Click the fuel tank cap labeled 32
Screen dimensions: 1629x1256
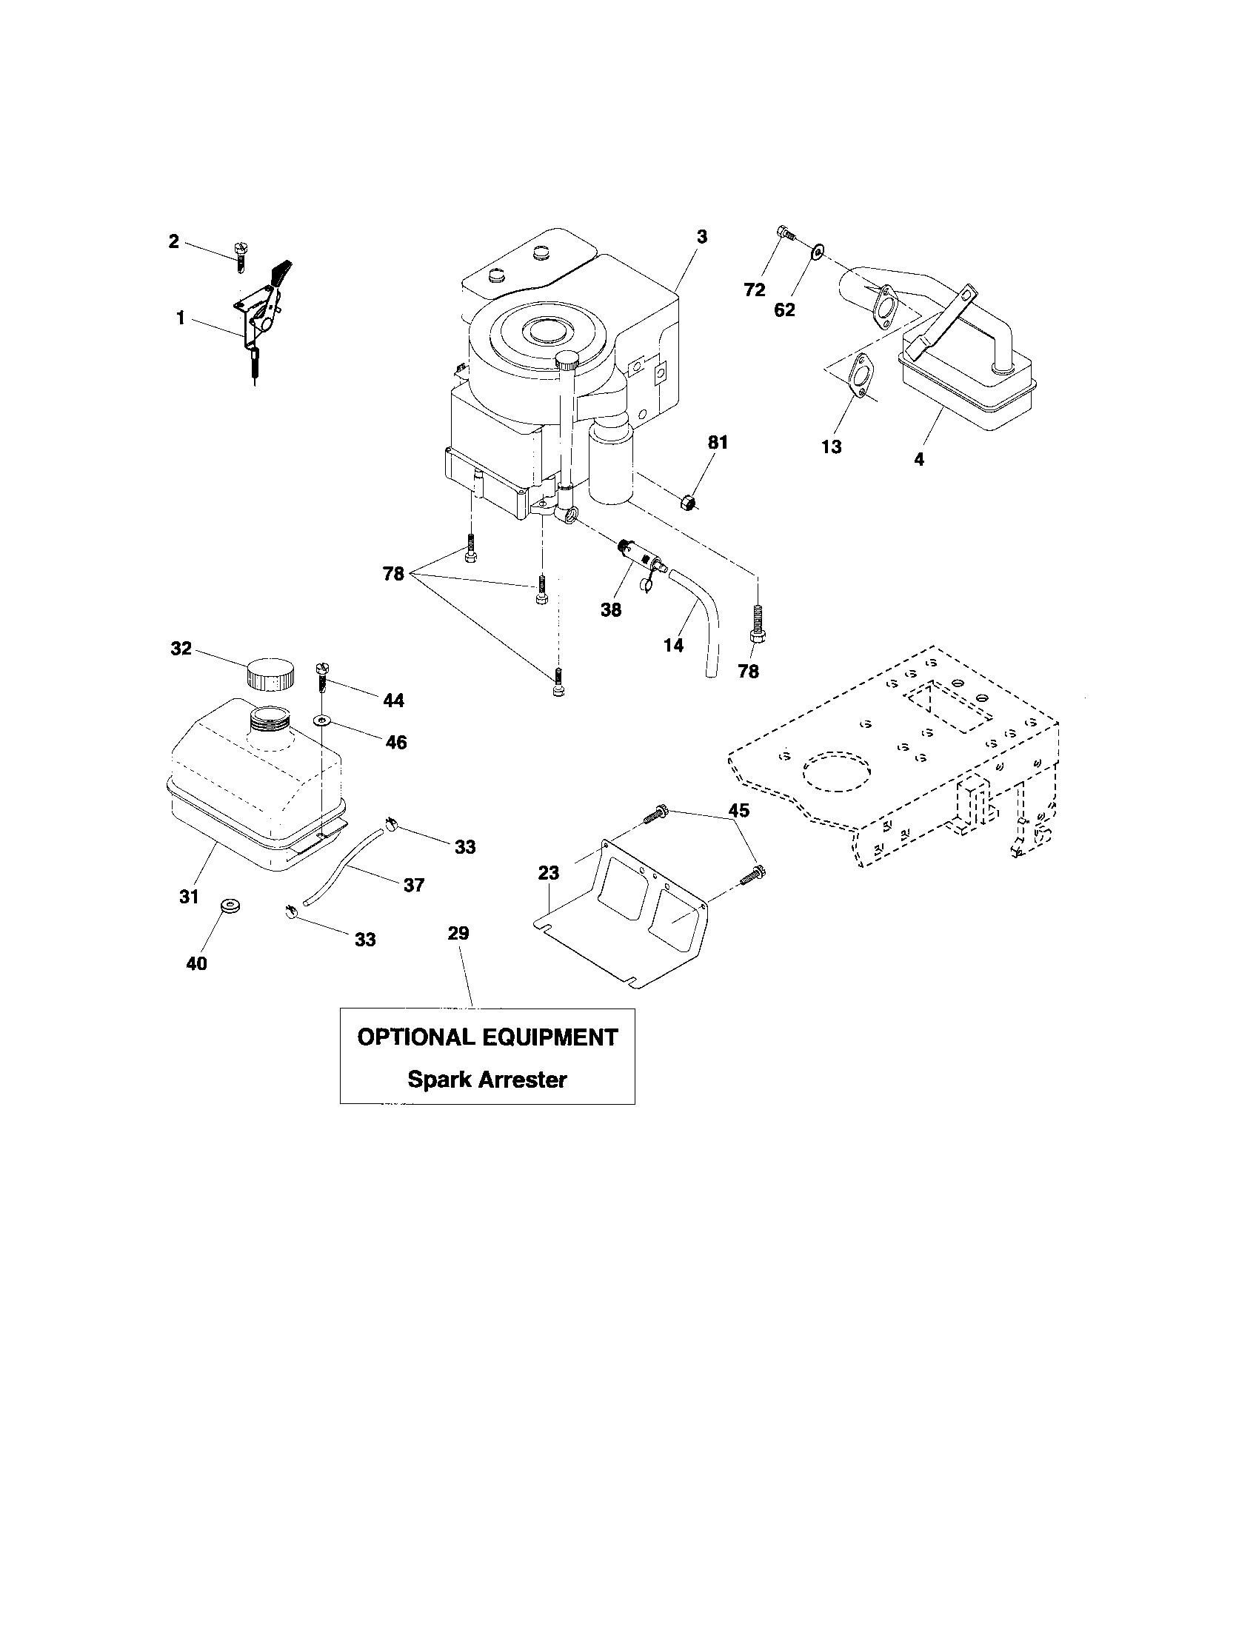coord(270,675)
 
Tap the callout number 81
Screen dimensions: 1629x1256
coord(717,442)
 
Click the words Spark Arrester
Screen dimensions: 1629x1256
coord(487,1080)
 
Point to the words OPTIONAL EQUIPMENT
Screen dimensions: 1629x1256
coord(487,1037)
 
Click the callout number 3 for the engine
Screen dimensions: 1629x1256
coord(701,237)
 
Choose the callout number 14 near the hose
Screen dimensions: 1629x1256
coord(673,645)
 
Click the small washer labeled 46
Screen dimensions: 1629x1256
coord(321,720)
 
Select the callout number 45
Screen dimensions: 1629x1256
coord(738,810)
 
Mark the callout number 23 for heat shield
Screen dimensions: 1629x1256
coord(549,872)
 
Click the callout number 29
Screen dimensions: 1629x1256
coord(458,933)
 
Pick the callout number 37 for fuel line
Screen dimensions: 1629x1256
coord(413,885)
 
